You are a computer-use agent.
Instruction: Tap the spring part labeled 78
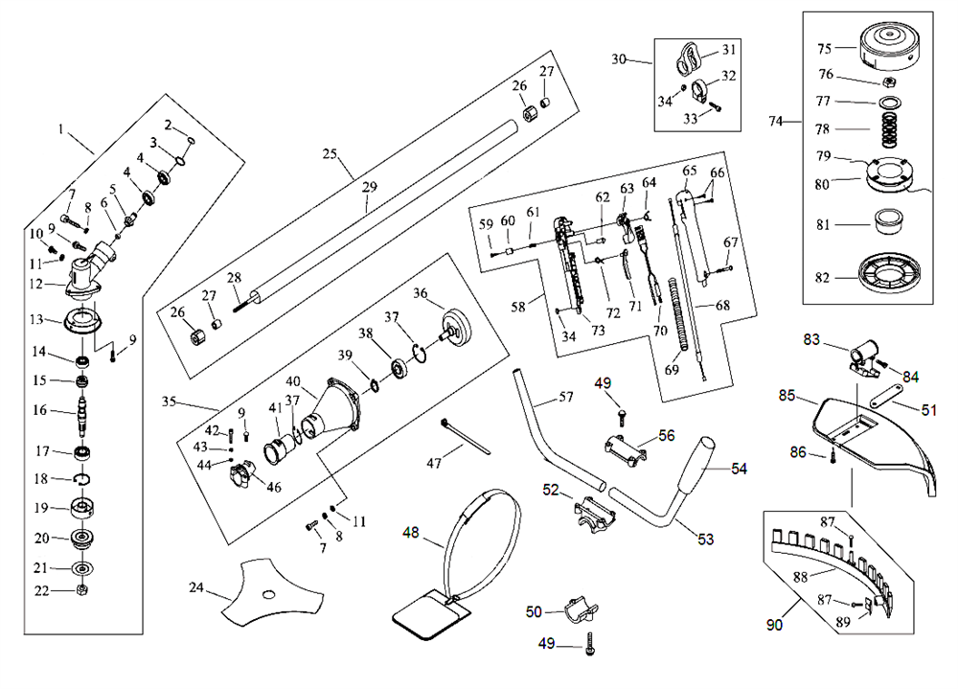click(890, 127)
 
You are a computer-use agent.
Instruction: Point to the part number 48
click(411, 533)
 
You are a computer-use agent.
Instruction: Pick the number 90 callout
click(773, 625)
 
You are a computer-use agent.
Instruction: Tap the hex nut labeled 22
click(83, 589)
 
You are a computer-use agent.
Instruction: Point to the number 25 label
click(331, 154)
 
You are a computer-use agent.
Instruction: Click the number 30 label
click(619, 59)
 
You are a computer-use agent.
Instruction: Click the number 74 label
click(777, 121)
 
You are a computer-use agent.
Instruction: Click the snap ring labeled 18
click(83, 479)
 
